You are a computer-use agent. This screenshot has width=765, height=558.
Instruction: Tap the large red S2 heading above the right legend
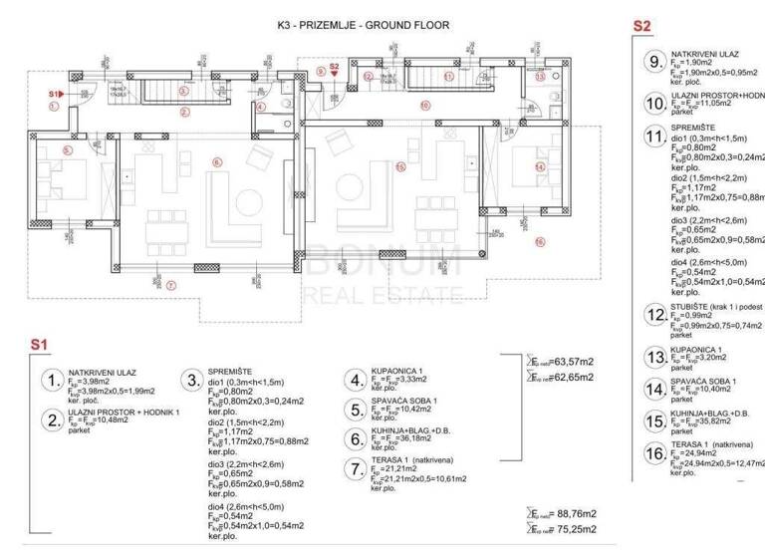[641, 26]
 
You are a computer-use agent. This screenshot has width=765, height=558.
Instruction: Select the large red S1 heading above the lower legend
[38, 344]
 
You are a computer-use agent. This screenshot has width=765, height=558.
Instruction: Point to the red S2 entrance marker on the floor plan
[335, 68]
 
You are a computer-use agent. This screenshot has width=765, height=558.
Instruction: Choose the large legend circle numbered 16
[654, 453]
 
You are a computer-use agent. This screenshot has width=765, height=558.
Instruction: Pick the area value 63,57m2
[568, 361]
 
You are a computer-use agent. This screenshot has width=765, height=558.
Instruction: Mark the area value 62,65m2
[568, 378]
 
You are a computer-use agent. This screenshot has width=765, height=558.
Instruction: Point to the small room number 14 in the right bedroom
[539, 167]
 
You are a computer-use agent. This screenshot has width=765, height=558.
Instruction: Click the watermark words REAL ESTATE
[382, 293]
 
